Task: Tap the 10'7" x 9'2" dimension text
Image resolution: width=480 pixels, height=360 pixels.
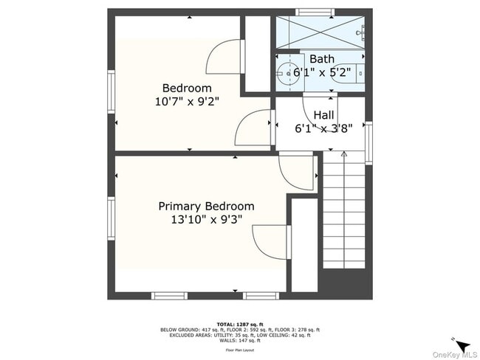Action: coord(187,102)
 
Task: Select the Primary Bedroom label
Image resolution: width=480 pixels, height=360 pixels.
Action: coord(206,207)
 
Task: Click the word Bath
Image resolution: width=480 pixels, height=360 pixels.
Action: coord(321,59)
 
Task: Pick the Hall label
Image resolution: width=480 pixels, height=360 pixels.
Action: coord(323,115)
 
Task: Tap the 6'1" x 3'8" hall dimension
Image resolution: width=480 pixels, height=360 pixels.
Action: coord(323,128)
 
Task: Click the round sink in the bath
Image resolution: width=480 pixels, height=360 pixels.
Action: coord(287,72)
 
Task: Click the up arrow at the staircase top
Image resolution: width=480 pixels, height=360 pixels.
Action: coord(343,155)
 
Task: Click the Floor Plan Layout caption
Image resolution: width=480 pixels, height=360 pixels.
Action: coord(240,350)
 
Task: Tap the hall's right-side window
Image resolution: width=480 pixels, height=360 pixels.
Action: coord(368,142)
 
